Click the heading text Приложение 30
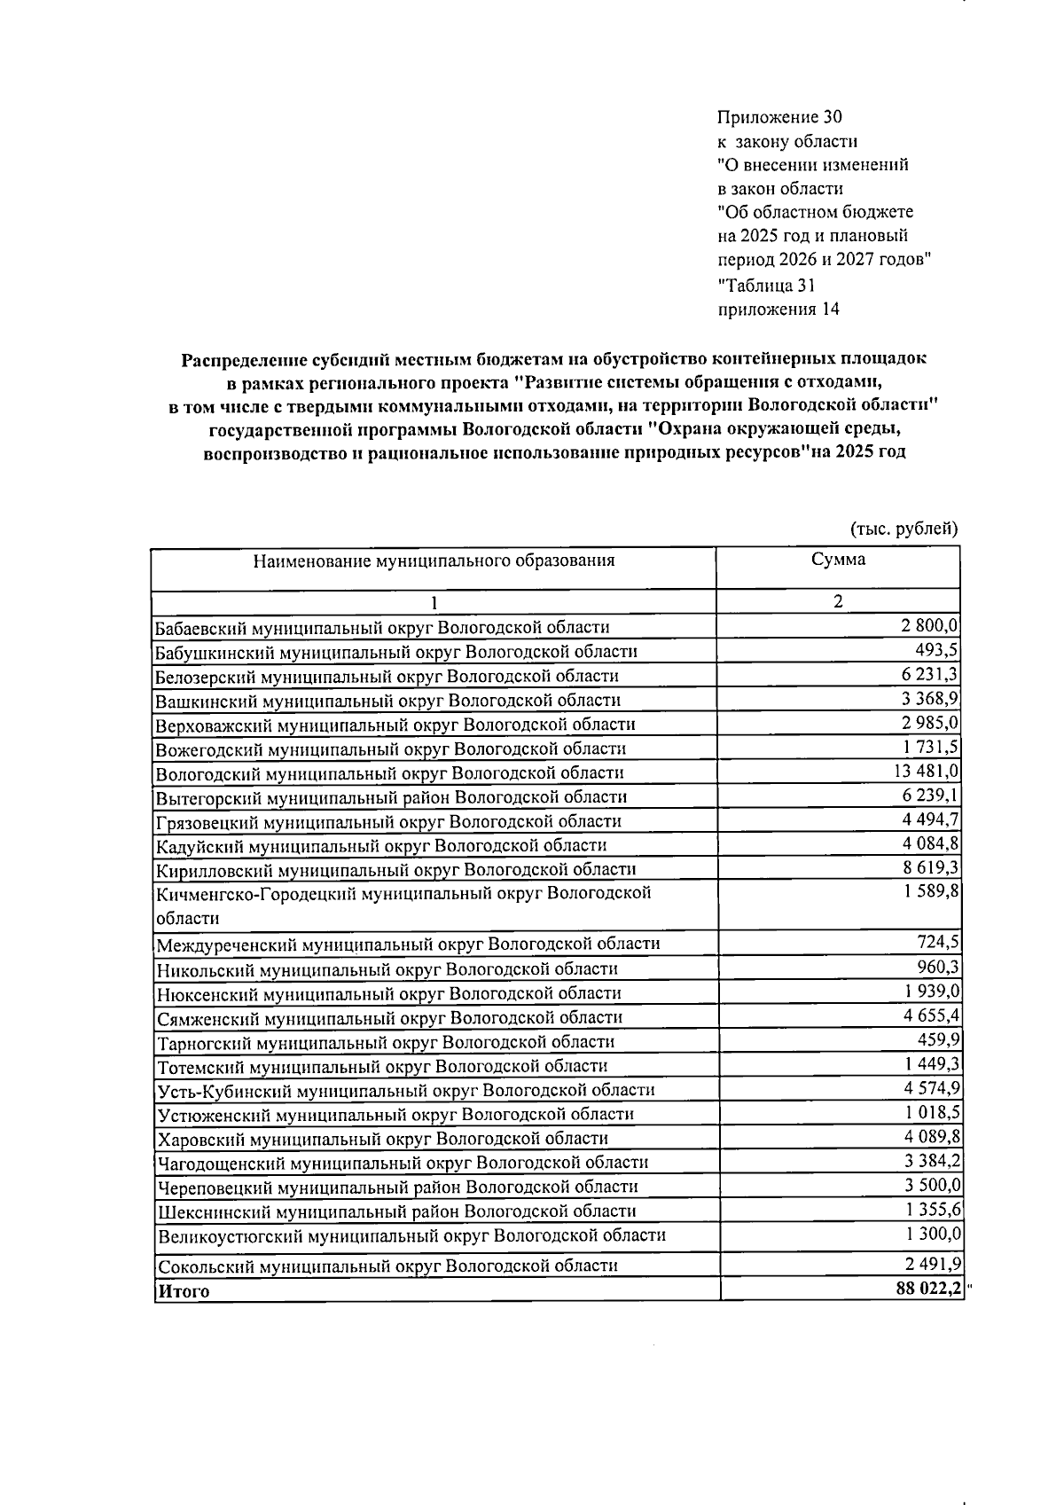coord(779,117)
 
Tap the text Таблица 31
coord(766,286)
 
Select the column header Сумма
coord(838,560)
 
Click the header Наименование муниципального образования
coord(434,560)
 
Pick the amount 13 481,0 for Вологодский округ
coord(927,772)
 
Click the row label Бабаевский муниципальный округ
coord(382,628)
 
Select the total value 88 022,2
coord(928,1289)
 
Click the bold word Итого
coord(184,1291)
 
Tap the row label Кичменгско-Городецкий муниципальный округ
coord(403,893)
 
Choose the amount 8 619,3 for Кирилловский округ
coord(931,868)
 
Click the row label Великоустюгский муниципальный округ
coord(411,1235)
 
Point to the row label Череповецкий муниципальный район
coord(397,1187)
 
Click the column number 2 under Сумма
coord(837,601)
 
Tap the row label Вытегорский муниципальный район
coord(391,797)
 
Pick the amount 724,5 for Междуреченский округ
coord(938,942)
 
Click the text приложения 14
coord(778,310)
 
